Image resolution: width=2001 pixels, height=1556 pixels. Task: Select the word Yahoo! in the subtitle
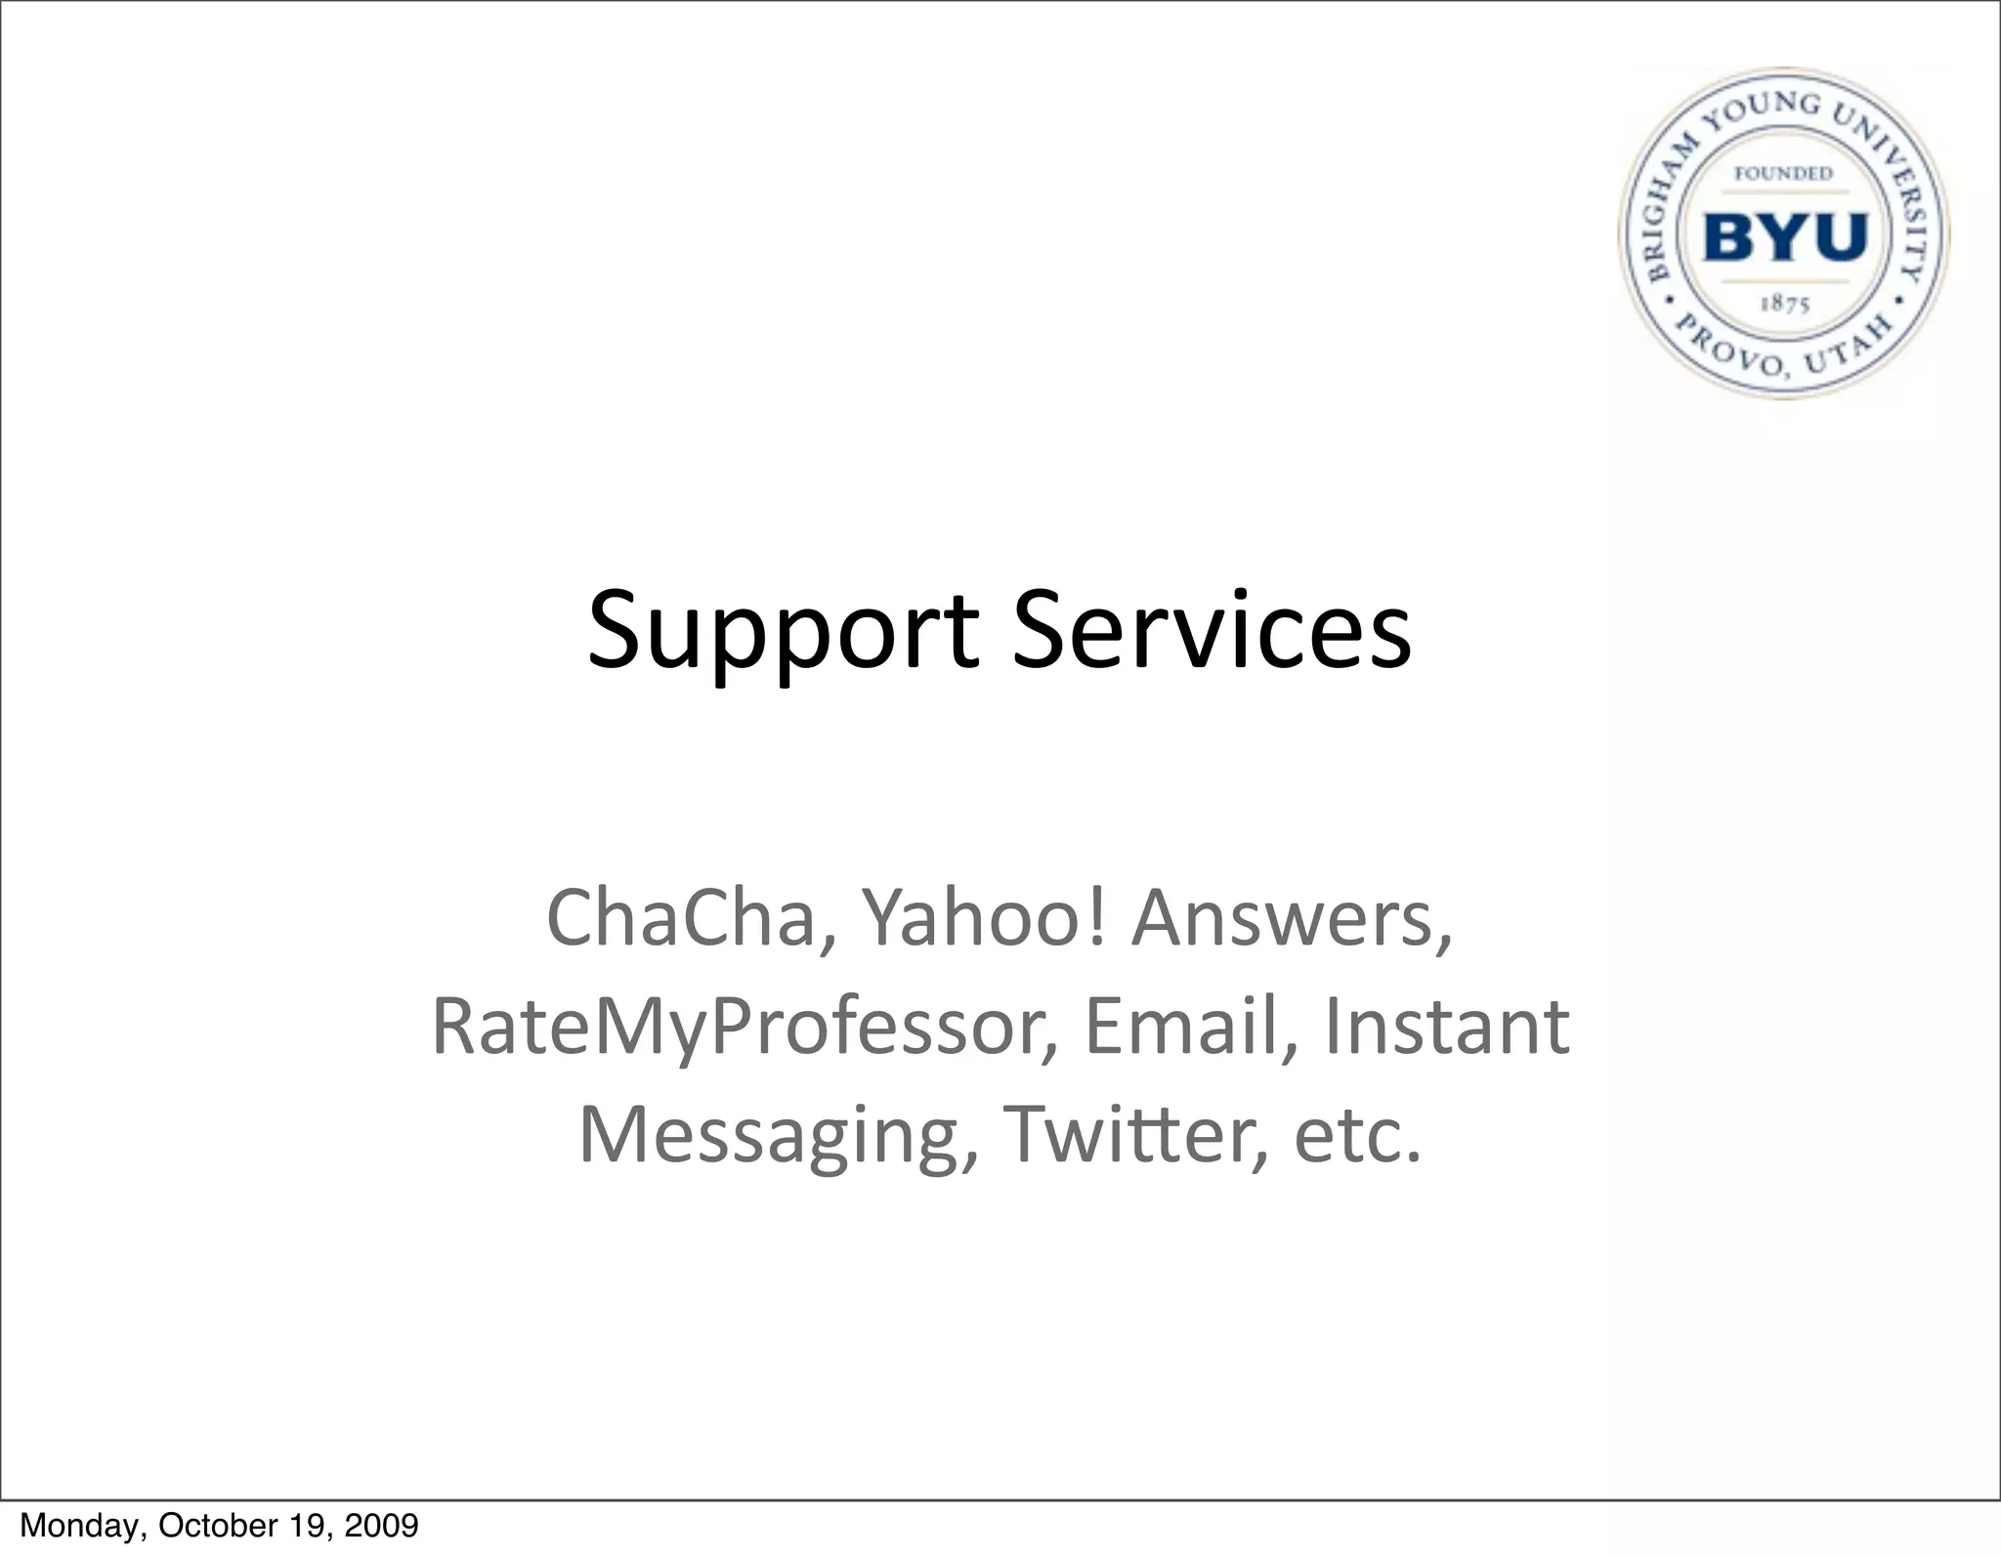point(985,918)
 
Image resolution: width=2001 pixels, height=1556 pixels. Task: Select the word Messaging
point(777,1136)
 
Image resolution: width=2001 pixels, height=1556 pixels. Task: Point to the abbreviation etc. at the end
point(1357,1136)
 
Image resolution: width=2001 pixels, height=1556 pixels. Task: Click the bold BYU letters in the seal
point(1785,236)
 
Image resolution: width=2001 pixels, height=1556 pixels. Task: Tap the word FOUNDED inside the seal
point(1784,174)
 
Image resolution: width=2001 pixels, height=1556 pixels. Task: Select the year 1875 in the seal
point(1785,305)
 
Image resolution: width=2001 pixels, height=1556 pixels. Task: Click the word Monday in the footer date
point(78,1525)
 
